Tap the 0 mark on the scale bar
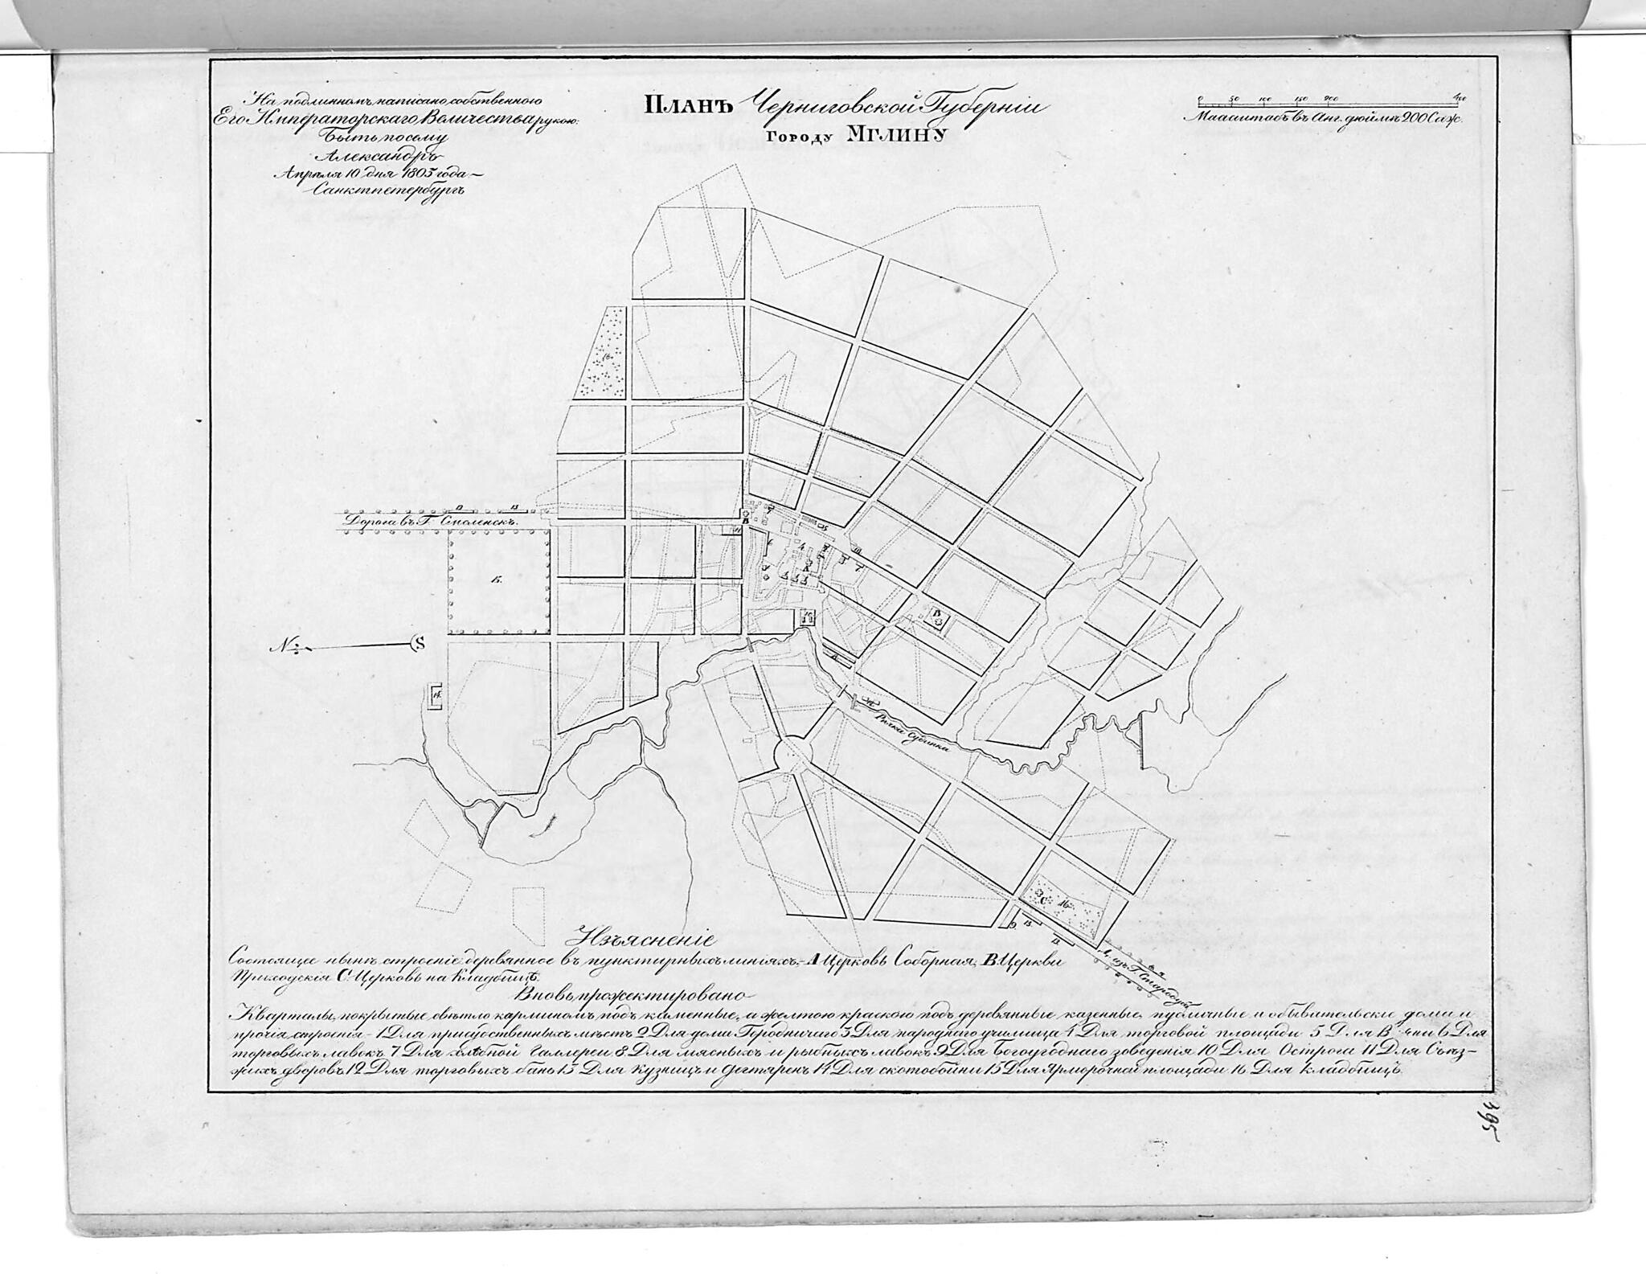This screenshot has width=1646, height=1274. [x=1199, y=99]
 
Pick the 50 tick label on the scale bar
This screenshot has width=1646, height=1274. [x=1234, y=99]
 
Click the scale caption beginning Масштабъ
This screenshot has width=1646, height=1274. [x=1327, y=117]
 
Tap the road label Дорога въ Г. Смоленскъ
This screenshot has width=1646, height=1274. [x=428, y=521]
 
